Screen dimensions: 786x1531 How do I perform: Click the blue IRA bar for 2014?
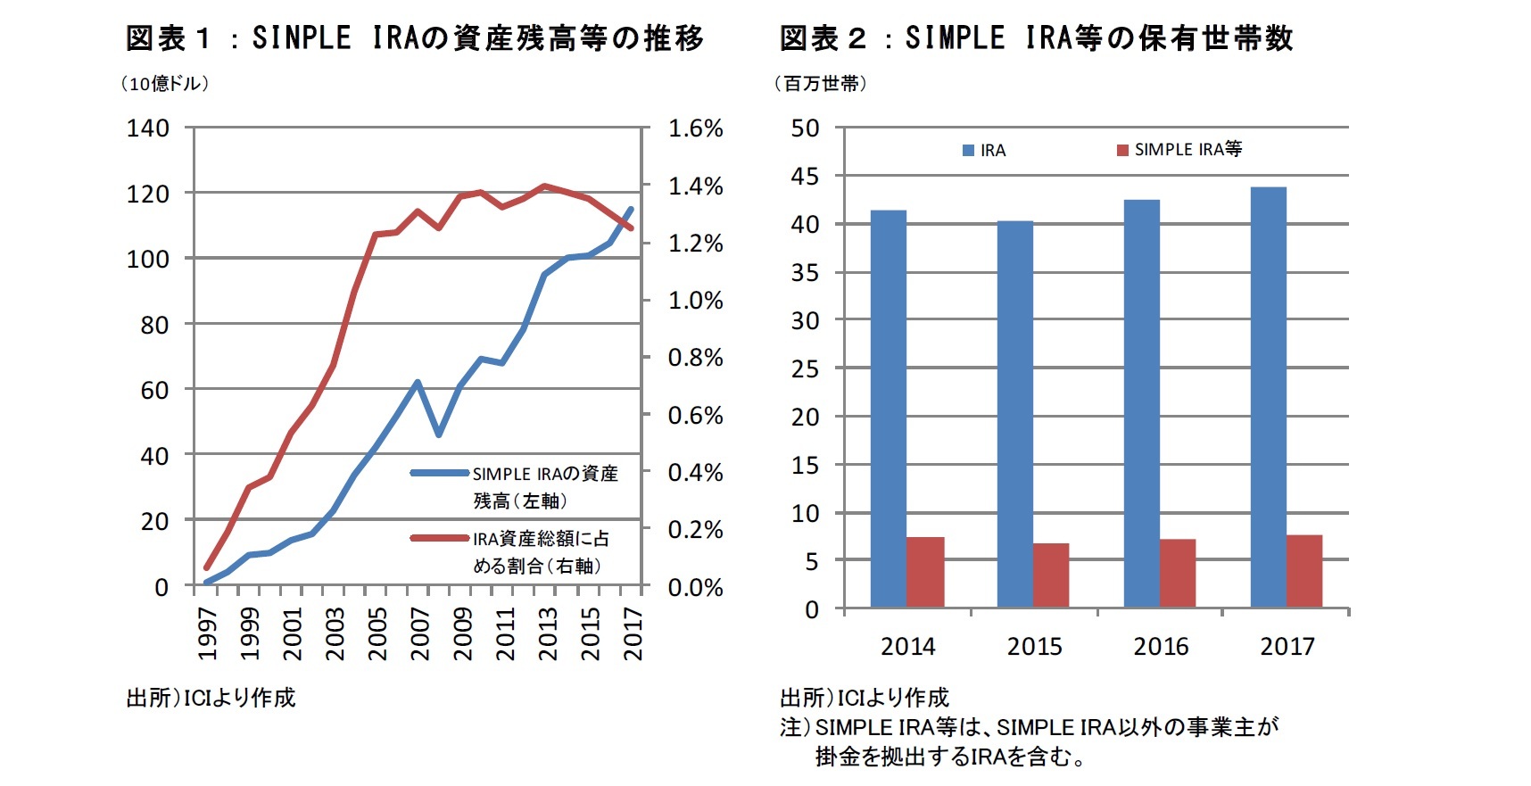coord(888,409)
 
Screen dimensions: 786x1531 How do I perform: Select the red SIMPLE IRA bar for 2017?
coord(1303,571)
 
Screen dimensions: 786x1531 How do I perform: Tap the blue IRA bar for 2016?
coord(1141,403)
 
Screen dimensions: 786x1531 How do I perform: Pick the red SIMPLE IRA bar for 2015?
coord(1050,575)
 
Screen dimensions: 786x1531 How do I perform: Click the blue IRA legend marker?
coord(968,151)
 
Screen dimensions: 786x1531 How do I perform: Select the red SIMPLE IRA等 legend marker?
coord(1122,150)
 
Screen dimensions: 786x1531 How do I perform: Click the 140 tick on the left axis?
coord(148,128)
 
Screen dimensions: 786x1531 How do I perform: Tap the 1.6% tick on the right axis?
coord(695,128)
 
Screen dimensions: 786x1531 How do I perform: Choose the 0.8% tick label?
coord(695,358)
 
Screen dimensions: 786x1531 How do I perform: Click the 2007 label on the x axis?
coord(420,633)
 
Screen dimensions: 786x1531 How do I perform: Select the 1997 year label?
coord(208,633)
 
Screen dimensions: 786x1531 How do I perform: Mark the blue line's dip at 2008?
coord(438,434)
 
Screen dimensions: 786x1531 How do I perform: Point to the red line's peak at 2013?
coord(544,186)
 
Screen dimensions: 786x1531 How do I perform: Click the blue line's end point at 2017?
coord(631,210)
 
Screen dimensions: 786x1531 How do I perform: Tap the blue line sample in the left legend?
coord(439,473)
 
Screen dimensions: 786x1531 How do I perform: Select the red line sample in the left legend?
coord(439,538)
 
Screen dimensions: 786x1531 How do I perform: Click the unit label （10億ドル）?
coord(165,84)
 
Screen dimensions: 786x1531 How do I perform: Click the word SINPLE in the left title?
coord(302,38)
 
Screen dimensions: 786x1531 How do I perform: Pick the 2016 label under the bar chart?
coord(1161,647)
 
